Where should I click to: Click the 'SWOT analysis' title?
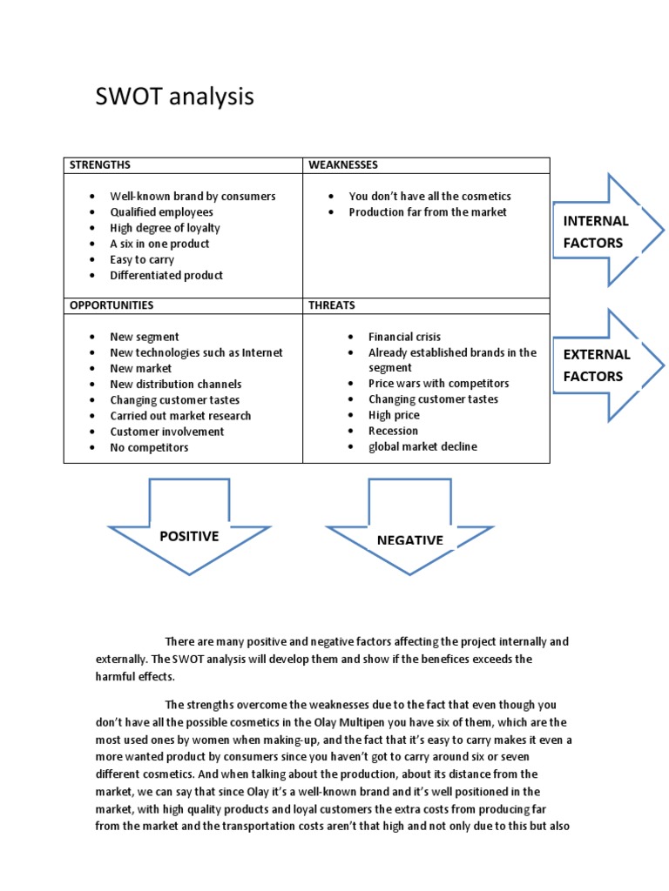[x=174, y=97]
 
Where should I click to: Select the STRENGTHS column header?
[x=100, y=164]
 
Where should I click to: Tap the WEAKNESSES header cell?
[x=342, y=164]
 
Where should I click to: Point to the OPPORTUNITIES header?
[x=111, y=305]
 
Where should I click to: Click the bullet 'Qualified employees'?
[x=161, y=212]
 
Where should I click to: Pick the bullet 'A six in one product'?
[x=159, y=244]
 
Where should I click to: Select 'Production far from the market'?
[x=428, y=212]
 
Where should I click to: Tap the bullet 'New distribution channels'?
[x=176, y=384]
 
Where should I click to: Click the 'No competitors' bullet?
[x=149, y=447]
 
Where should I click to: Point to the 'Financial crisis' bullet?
[x=404, y=337]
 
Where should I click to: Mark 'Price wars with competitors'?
[x=438, y=384]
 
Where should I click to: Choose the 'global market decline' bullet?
[x=422, y=447]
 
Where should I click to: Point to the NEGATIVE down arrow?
[x=409, y=536]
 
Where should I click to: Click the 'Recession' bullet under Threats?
[x=393, y=431]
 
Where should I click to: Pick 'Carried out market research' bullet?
[x=180, y=416]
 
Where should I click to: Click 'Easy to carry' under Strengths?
[x=142, y=259]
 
